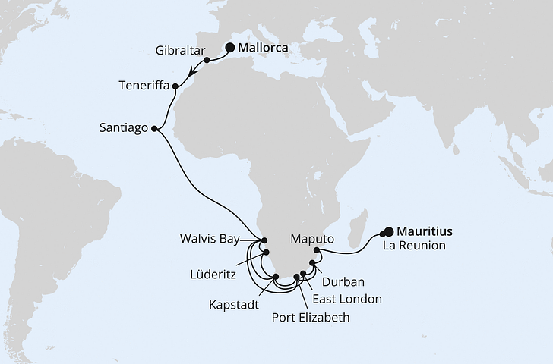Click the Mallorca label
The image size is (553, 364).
click(x=265, y=48)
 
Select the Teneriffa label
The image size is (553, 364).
click(x=144, y=86)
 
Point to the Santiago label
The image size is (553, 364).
click(x=124, y=128)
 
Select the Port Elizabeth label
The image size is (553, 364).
click(x=311, y=318)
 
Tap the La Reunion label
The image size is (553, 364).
click(x=413, y=246)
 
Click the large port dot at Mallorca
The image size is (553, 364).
click(x=230, y=47)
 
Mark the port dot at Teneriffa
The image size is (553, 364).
click(x=177, y=86)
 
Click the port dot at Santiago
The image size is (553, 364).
click(x=155, y=128)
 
